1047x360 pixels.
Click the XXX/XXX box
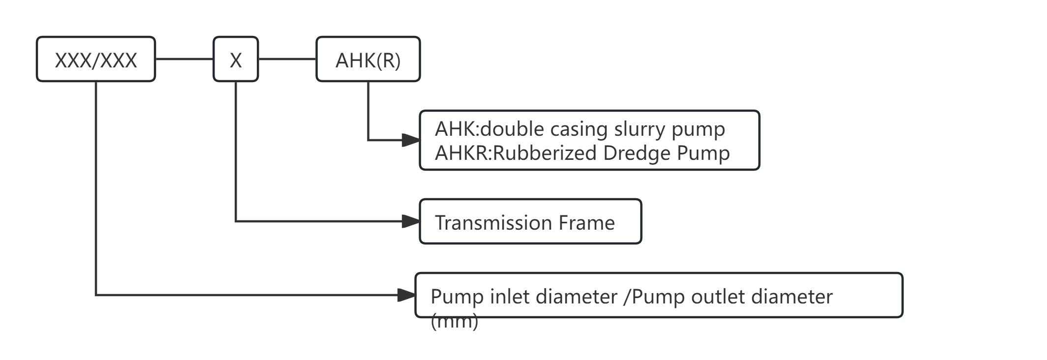coord(96,60)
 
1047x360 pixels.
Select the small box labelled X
coord(236,60)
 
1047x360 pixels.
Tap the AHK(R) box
coord(368,60)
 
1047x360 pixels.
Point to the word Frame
coord(586,223)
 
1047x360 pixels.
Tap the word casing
coord(579,129)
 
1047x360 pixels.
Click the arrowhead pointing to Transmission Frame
coord(411,221)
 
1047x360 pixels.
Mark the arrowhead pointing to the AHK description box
coord(411,140)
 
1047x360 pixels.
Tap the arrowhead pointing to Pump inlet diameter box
coord(407,295)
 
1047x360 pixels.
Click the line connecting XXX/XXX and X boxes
coord(184,59)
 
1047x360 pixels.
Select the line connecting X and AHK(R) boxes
coord(287,59)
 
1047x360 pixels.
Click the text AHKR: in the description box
coord(463,153)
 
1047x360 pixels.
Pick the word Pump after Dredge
coord(703,153)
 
